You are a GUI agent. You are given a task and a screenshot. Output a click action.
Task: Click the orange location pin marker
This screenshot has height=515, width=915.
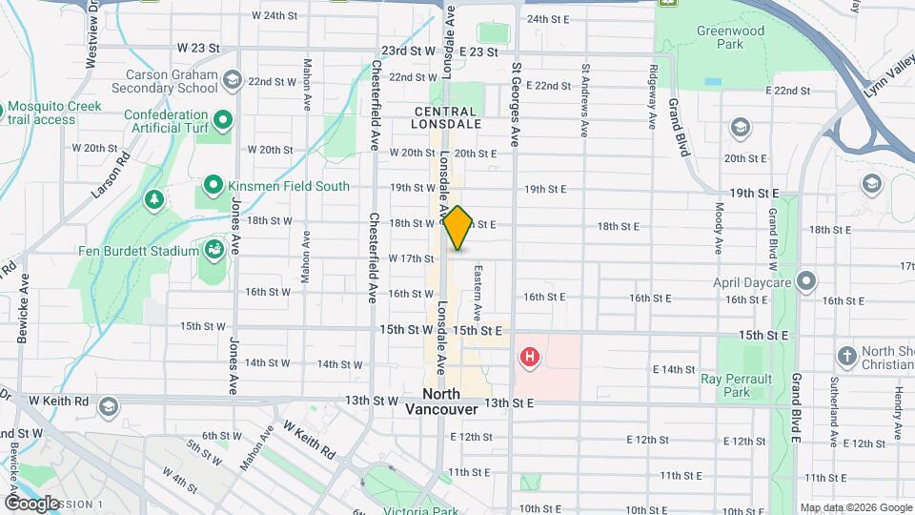(457, 228)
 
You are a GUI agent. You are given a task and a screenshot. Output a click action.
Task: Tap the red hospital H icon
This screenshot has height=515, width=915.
(529, 359)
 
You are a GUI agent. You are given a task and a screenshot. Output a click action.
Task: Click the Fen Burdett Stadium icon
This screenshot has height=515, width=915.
(213, 250)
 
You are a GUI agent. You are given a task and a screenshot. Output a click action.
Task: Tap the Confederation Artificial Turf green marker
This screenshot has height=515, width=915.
(223, 120)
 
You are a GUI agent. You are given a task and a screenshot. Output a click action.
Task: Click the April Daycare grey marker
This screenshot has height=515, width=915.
(807, 280)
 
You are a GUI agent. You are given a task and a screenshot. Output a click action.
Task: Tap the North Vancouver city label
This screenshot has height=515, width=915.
(441, 402)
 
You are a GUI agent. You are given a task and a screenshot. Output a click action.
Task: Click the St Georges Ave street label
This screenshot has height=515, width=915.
(516, 105)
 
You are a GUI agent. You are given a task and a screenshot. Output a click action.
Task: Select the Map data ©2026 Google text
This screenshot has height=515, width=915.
(856, 507)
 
